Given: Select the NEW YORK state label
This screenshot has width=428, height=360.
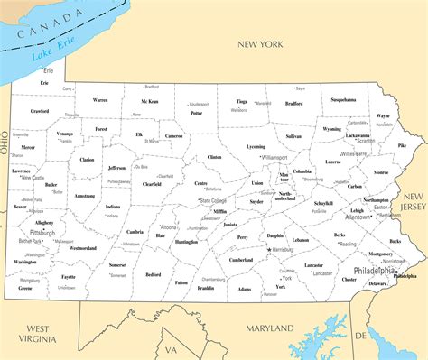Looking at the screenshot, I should point(261,43).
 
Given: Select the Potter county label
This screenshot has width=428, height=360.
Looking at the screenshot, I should point(197,113).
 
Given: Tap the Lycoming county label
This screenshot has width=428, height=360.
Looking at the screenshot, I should point(256,145).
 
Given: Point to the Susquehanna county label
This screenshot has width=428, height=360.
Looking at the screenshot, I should point(343,99).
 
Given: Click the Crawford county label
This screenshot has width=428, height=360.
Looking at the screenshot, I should point(40,111).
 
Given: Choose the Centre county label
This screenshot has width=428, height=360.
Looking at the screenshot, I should point(201,183).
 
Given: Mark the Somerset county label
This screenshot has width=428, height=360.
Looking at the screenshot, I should point(117,265).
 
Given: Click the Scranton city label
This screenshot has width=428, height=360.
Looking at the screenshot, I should point(365,141).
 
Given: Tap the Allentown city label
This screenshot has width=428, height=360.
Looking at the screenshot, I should point(358,217).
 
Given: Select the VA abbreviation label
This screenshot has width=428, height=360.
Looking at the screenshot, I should point(171,350).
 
